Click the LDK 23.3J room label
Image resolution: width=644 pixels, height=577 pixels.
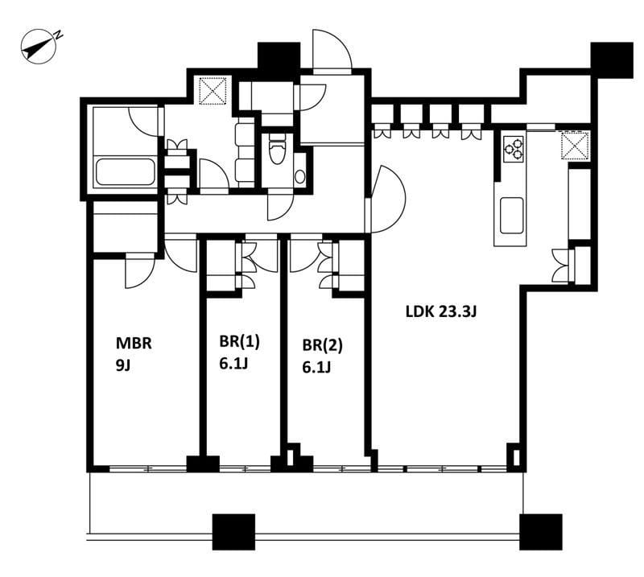pyautogui.click(x=441, y=311)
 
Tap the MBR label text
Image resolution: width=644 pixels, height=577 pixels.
pyautogui.click(x=134, y=343)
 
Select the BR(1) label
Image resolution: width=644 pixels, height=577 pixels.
pyautogui.click(x=239, y=342)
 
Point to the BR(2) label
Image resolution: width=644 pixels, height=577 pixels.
pyautogui.click(x=323, y=345)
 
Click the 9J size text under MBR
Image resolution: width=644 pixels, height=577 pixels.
pyautogui.click(x=123, y=365)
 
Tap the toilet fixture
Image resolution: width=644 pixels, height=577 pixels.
pyautogui.click(x=278, y=149)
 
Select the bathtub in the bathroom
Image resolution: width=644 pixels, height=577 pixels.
pyautogui.click(x=126, y=172)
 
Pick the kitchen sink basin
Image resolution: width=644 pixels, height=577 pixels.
pyautogui.click(x=512, y=215)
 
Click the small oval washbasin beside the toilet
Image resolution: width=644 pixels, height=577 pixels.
pyautogui.click(x=300, y=176)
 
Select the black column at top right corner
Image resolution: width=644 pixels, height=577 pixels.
pyautogui.click(x=612, y=60)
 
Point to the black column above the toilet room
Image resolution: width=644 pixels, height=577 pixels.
pyautogui.click(x=279, y=56)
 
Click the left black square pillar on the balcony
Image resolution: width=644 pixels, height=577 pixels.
pyautogui.click(x=233, y=532)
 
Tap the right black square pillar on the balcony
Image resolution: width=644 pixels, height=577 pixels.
pyautogui.click(x=540, y=532)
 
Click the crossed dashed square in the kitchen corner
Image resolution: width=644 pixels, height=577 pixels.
pyautogui.click(x=575, y=145)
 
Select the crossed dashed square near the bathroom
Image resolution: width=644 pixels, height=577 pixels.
pyautogui.click(x=213, y=90)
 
